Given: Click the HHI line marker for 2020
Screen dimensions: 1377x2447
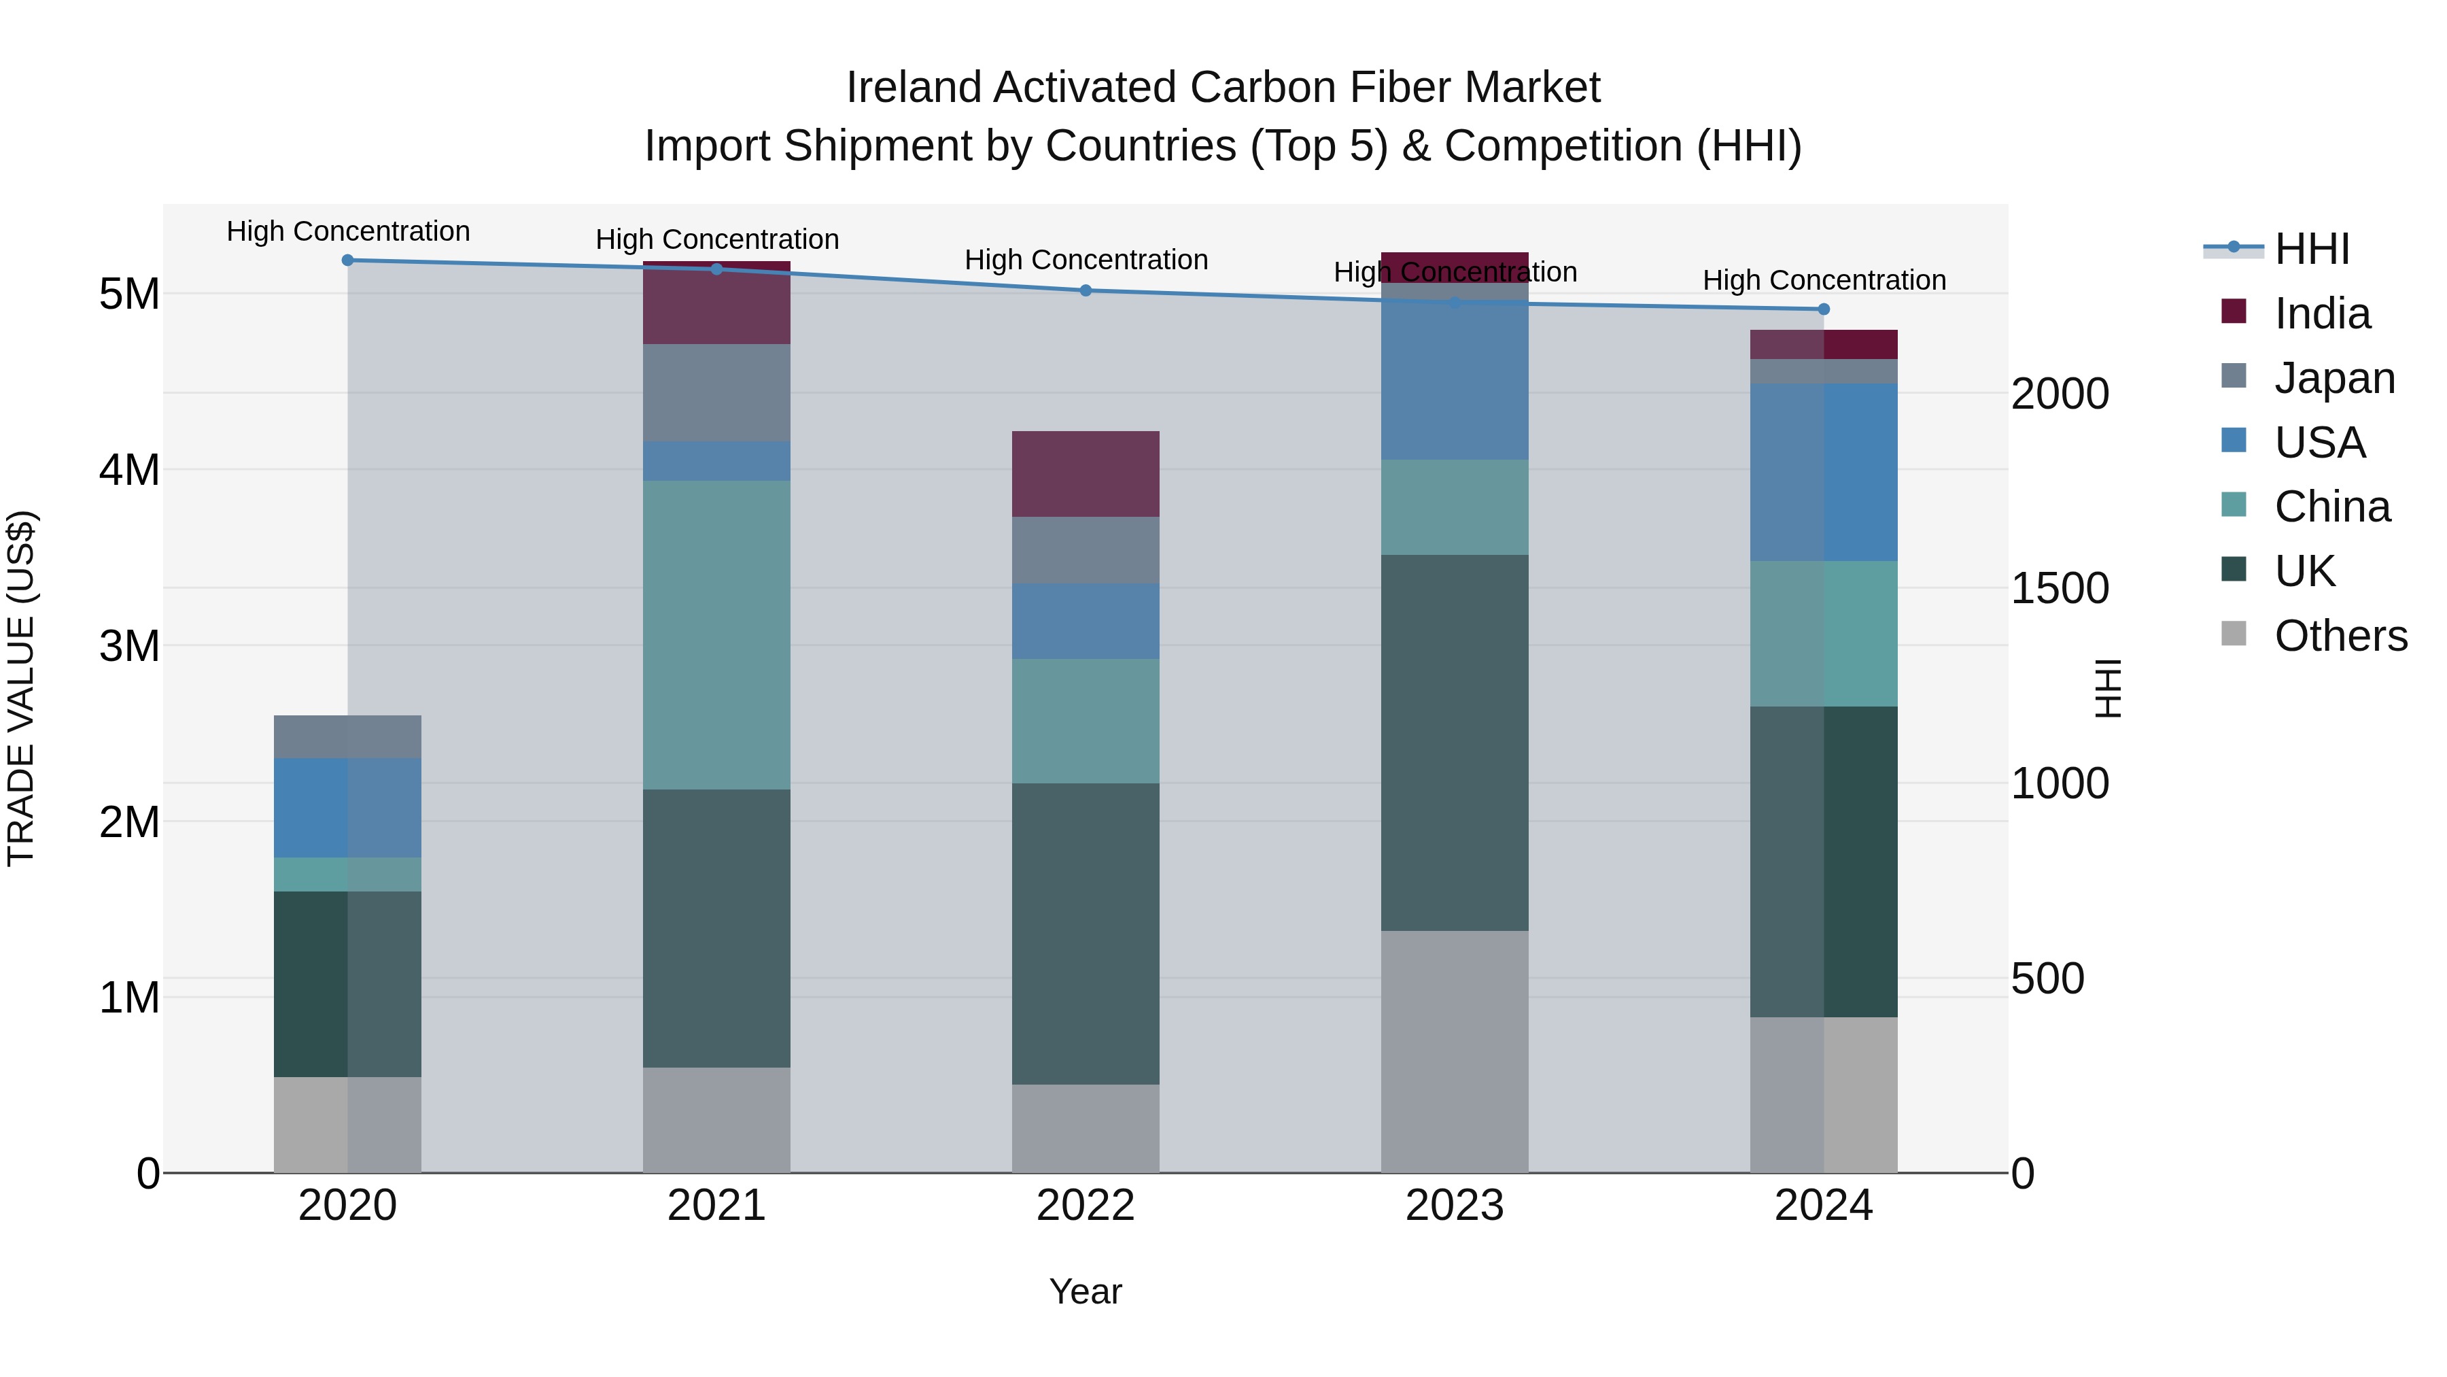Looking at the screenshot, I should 347,260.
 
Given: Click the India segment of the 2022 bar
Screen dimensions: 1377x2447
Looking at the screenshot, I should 1086,474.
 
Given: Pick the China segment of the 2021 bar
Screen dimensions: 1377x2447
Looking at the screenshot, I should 716,635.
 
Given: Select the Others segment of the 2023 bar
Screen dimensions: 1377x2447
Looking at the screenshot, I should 1455,1051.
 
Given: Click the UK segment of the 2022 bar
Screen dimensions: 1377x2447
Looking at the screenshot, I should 1086,933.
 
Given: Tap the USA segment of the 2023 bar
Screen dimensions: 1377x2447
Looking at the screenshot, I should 1455,371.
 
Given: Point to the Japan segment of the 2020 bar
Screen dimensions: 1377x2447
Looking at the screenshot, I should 347,736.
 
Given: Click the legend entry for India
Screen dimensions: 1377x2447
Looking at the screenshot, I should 2322,313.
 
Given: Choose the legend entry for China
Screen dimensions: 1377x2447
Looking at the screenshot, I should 2331,507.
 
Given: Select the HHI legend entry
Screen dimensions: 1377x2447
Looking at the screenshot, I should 2311,249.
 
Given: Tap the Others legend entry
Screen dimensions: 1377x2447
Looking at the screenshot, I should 2340,636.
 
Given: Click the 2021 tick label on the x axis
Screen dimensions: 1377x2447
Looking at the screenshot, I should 716,1206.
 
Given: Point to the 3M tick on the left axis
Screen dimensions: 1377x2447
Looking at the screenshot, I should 130,646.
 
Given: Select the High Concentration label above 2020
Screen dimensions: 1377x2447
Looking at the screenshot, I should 347,231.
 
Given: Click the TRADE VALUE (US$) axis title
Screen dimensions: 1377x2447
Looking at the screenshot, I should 21,688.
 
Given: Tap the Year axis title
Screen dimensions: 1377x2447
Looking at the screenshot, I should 1085,1291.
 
